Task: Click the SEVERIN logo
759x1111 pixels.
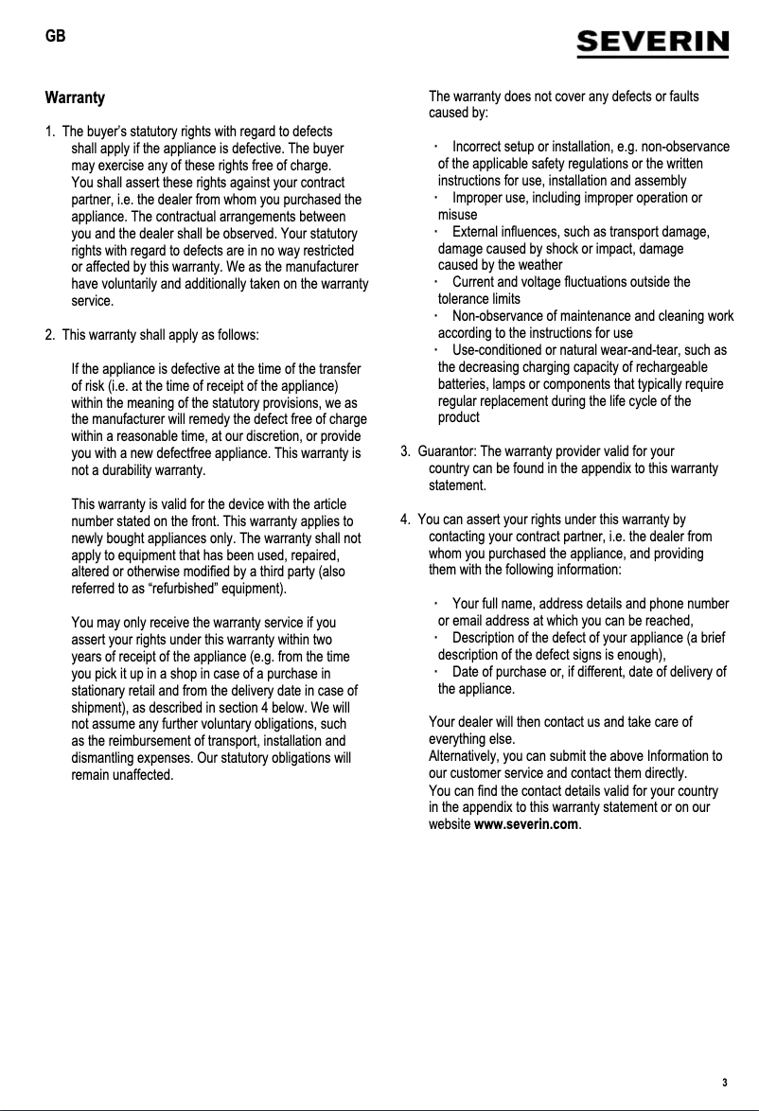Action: [653, 44]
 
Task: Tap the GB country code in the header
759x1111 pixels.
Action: [56, 37]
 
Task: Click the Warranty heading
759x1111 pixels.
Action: [75, 97]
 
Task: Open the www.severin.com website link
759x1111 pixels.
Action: [525, 824]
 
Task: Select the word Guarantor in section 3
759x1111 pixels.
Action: [448, 451]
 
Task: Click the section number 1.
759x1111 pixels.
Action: [49, 132]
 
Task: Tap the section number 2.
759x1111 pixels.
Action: [49, 334]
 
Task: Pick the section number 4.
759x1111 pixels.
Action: [405, 520]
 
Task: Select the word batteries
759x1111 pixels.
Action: [465, 384]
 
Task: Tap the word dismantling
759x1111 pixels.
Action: [107, 758]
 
